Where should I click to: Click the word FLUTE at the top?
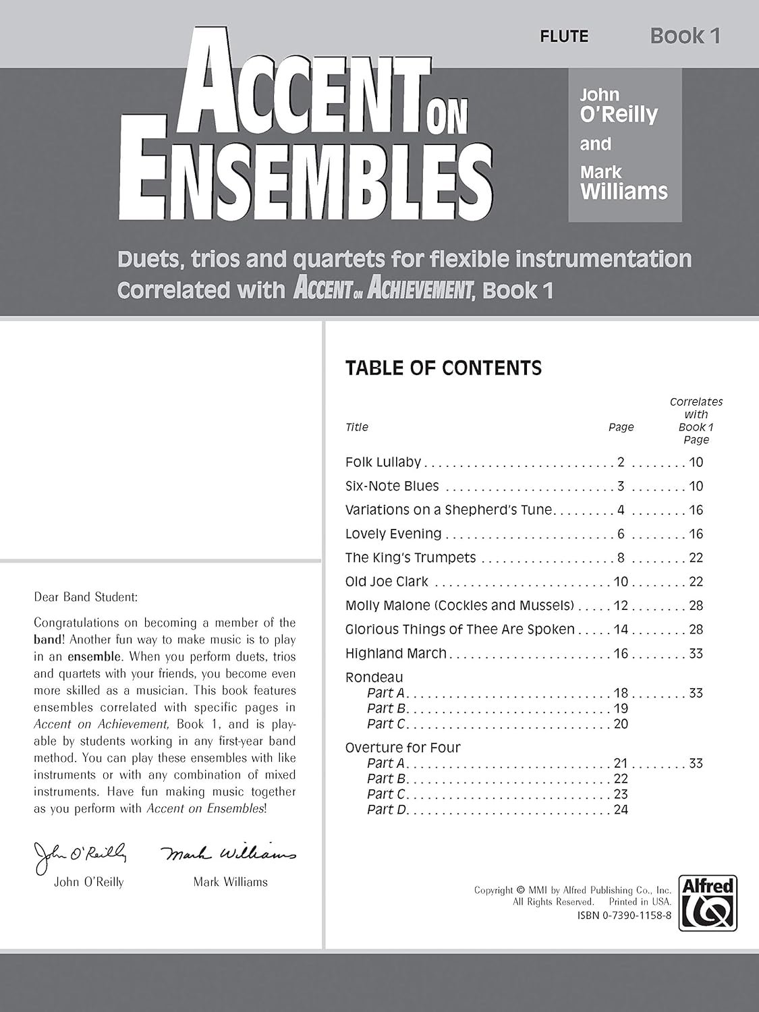pos(563,36)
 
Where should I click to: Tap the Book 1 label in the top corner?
pos(685,36)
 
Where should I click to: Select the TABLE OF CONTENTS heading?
pos(443,368)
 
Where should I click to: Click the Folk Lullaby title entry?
pos(383,462)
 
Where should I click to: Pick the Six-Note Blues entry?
pos(391,486)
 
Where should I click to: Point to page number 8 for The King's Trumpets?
pos(621,558)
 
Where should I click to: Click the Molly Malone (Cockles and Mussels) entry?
pos(459,605)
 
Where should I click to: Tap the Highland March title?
pos(395,653)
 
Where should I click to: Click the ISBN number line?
pos(623,915)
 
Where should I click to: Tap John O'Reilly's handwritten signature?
pos(80,855)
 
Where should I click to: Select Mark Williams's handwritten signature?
pos(229,853)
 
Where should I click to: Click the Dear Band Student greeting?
pos(85,597)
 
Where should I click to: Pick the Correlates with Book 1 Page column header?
pos(696,420)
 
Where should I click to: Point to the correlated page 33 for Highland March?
pos(696,653)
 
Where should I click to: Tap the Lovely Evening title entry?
pos(393,534)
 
